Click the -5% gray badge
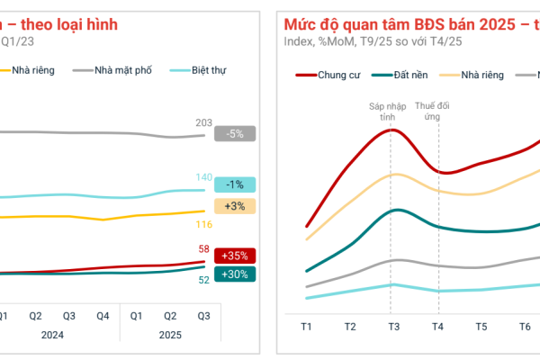point(235,134)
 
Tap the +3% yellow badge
point(235,206)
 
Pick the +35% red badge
point(235,255)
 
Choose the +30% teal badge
point(235,274)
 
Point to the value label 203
point(202,122)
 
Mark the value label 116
point(202,224)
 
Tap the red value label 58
point(203,248)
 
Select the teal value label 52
point(203,280)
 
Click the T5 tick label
point(481,326)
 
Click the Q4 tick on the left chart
point(103,316)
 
